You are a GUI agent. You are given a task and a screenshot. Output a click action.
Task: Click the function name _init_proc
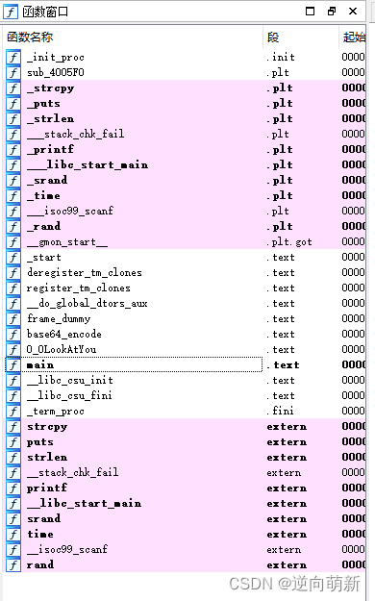(x=55, y=58)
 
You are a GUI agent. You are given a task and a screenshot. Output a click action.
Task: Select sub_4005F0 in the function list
(x=57, y=73)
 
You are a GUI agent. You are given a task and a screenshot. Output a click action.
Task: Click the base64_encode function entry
(x=63, y=335)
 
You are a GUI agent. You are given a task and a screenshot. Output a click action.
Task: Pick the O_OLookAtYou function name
(x=62, y=350)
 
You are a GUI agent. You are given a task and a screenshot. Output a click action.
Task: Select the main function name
(x=40, y=365)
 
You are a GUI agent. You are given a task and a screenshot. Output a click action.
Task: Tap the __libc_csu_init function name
(x=69, y=381)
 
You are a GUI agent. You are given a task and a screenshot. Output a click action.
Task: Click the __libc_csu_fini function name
(x=69, y=396)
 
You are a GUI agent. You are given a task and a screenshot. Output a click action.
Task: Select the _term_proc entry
(x=55, y=412)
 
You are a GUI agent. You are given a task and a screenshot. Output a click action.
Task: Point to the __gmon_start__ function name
(x=67, y=242)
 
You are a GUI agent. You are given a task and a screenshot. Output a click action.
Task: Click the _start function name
(x=43, y=258)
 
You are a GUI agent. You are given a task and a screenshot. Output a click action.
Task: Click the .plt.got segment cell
(x=289, y=242)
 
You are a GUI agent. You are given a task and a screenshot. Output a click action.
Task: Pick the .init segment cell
(x=281, y=58)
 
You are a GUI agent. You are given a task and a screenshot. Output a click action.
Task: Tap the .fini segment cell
(x=281, y=412)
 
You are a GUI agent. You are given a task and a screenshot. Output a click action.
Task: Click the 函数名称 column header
(x=31, y=37)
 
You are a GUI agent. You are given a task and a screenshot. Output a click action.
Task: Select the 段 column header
(x=273, y=37)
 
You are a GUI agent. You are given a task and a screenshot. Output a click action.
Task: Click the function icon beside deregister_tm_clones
(x=13, y=273)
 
